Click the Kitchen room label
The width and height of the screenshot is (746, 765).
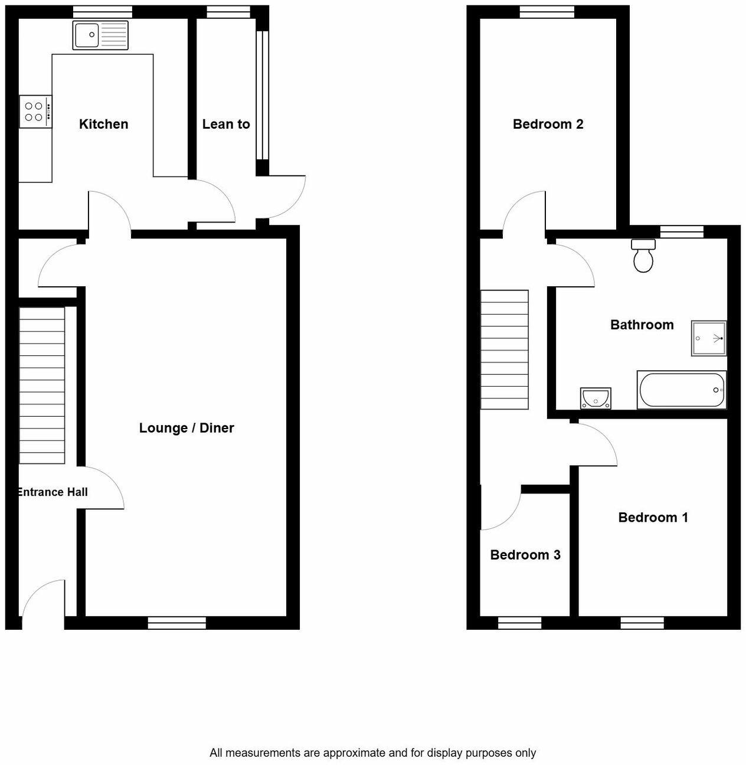pos(103,124)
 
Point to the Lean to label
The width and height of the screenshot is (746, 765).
pos(226,124)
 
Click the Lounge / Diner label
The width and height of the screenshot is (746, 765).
pos(186,428)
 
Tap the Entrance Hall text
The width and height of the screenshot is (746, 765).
pos(53,492)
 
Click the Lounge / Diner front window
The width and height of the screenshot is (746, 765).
pos(176,623)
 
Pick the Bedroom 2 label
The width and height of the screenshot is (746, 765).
pos(548,124)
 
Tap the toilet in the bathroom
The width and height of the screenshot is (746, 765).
pos(643,256)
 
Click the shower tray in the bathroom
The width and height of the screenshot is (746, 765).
pos(709,338)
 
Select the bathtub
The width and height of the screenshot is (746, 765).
pos(682,390)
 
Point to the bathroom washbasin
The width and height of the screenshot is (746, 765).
pos(596,398)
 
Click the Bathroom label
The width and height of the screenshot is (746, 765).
pos(642,325)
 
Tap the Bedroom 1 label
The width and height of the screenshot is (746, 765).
pos(653,518)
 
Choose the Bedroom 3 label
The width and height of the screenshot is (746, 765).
pos(525,555)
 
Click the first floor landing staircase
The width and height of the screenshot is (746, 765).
pos(505,349)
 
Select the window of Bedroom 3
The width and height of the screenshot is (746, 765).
pos(519,623)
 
